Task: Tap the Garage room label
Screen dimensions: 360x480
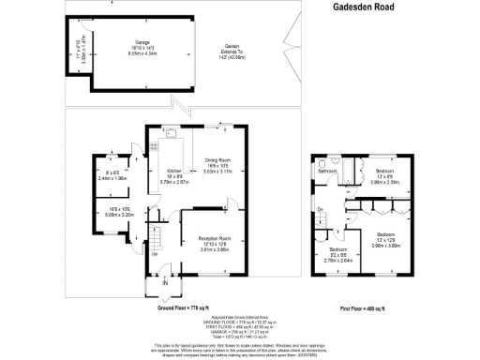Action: pyautogui.click(x=142, y=42)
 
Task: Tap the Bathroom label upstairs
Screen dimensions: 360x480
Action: pyautogui.click(x=328, y=172)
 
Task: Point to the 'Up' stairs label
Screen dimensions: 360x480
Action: pyautogui.click(x=154, y=253)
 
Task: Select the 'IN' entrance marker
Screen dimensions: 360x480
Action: pyautogui.click(x=166, y=282)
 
